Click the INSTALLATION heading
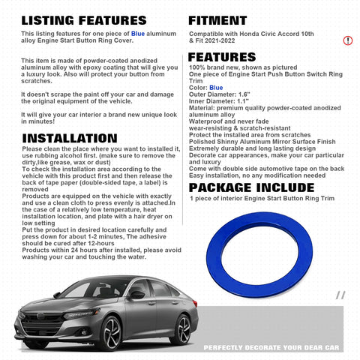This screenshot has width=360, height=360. pos(70,138)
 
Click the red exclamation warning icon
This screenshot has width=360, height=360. pos(347,39)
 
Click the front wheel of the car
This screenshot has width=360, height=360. pos(111,331)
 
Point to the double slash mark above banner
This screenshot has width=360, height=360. pos(340,295)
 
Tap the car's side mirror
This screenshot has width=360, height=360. pos(137,295)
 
